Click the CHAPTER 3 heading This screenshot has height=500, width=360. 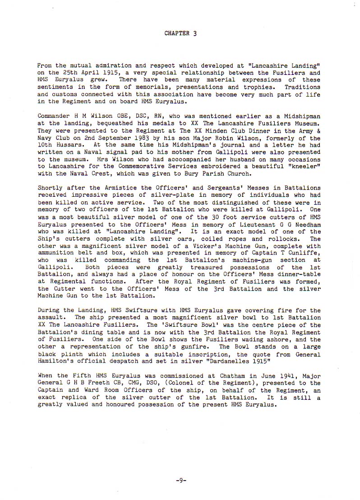pyautogui.click(x=180, y=33)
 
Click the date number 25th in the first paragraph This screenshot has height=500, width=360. pyautogui.click(x=67, y=73)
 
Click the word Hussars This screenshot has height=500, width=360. pyautogui.click(x=68, y=145)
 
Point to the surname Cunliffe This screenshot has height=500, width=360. pyautogui.click(x=304, y=254)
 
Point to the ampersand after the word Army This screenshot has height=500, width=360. pyautogui.click(x=318, y=131)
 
